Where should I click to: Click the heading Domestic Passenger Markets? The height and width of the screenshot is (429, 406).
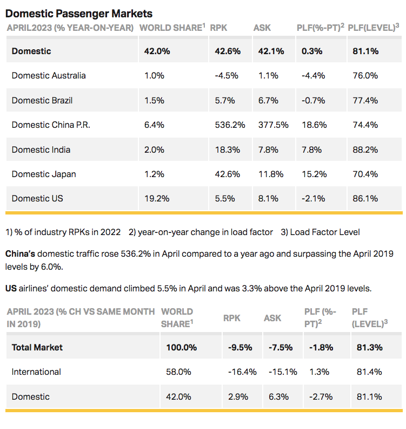pyautogui.click(x=79, y=14)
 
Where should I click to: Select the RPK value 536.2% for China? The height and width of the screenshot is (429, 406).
pyautogui.click(x=228, y=125)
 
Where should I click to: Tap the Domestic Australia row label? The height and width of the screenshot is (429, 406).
pyautogui.click(x=49, y=75)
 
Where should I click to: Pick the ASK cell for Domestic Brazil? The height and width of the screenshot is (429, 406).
pyautogui.click(x=263, y=100)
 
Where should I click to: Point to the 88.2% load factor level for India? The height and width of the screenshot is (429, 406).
pyautogui.click(x=365, y=149)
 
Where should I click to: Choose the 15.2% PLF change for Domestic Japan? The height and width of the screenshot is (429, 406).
pyautogui.click(x=309, y=174)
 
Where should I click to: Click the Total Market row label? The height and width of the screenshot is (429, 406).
pyautogui.click(x=37, y=347)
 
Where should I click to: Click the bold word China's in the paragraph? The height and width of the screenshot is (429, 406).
pyautogui.click(x=20, y=253)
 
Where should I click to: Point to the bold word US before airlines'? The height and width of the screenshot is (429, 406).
pyautogui.click(x=11, y=288)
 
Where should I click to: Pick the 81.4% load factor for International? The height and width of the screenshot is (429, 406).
pyautogui.click(x=369, y=372)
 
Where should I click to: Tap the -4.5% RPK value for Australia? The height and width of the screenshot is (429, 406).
pyautogui.click(x=227, y=75)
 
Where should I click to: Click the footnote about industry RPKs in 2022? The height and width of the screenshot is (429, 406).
pyautogui.click(x=63, y=232)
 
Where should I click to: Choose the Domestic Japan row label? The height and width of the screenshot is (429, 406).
pyautogui.click(x=44, y=174)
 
